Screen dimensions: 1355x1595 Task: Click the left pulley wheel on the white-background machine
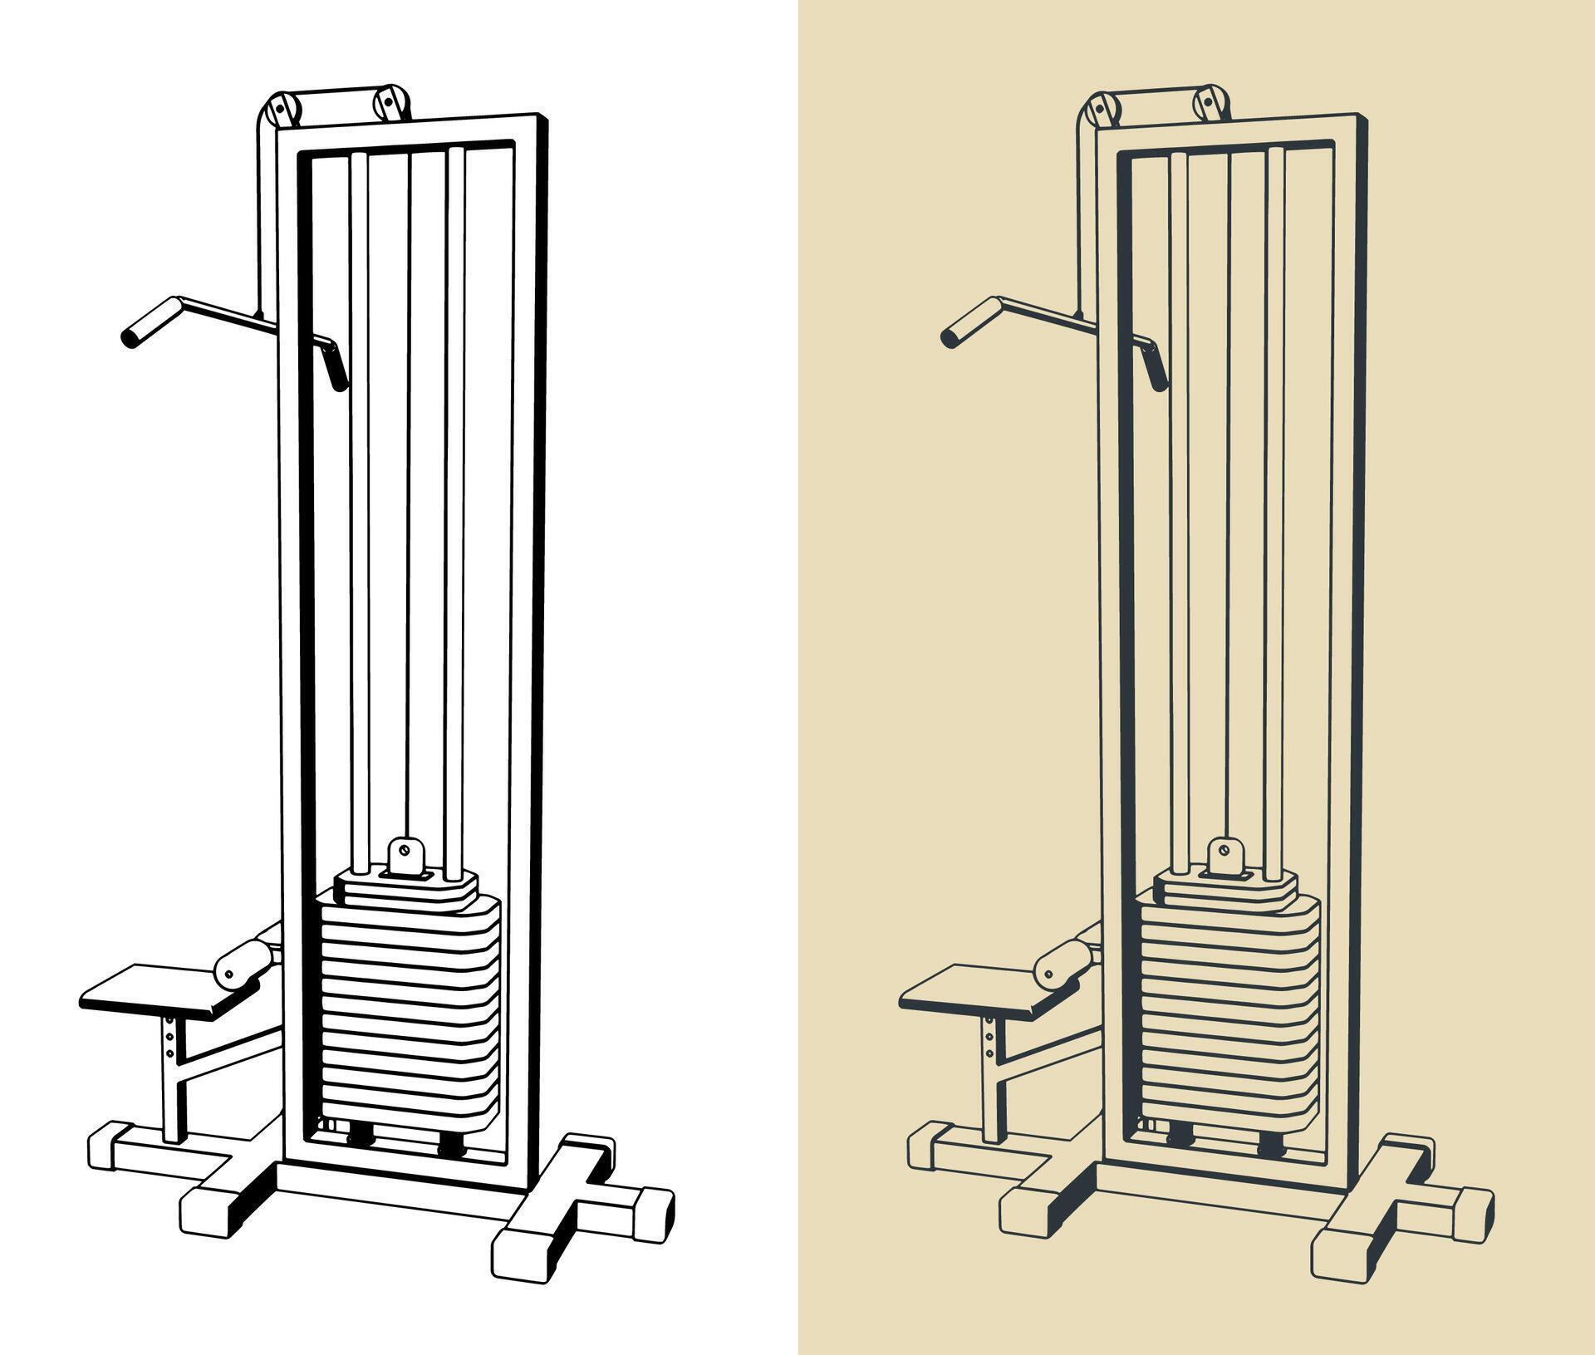[281, 109]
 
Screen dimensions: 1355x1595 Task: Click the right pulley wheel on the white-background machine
[389, 102]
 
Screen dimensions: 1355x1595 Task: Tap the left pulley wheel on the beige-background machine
[1102, 109]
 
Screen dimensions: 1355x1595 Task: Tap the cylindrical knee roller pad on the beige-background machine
[1062, 962]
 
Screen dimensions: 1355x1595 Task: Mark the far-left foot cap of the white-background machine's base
[108, 1147]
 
